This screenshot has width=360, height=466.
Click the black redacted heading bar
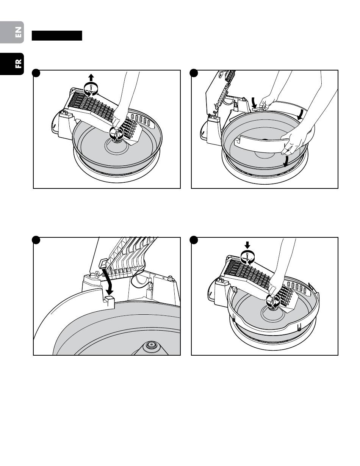tap(57, 36)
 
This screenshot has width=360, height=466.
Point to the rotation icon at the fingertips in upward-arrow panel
tap(116, 133)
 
